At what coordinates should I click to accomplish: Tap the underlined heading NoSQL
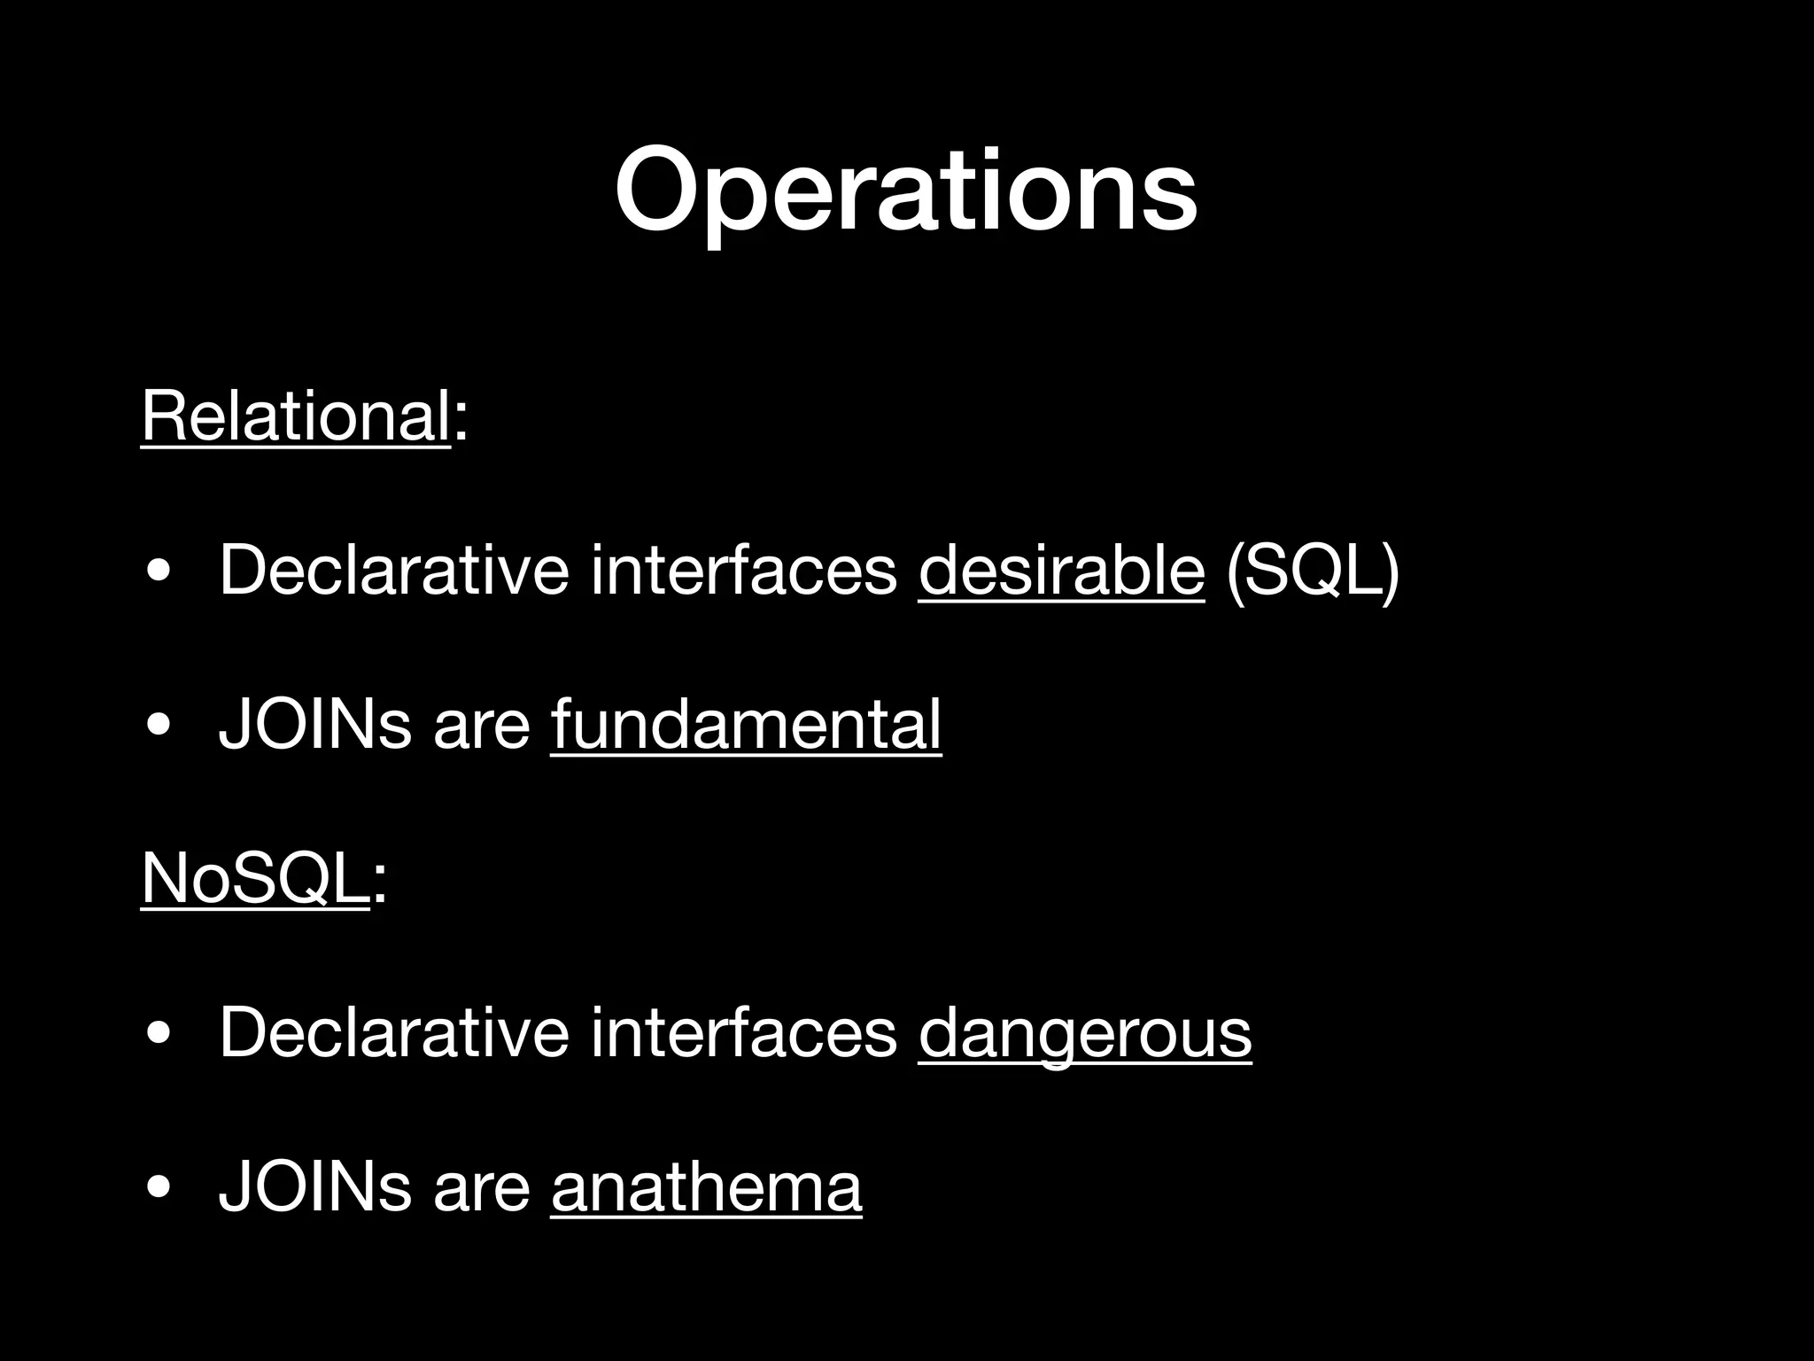[255, 878]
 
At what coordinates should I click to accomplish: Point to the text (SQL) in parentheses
[1312, 572]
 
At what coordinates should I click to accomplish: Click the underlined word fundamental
[746, 724]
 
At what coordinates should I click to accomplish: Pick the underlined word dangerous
[1085, 1032]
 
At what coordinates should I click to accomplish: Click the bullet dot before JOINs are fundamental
[159, 726]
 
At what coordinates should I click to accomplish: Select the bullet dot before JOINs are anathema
[159, 1187]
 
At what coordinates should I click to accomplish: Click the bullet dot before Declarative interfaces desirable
[159, 572]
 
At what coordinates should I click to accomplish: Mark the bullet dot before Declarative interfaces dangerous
[159, 1034]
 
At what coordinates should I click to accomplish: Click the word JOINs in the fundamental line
[315, 724]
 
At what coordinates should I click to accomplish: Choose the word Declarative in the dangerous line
[394, 1032]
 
